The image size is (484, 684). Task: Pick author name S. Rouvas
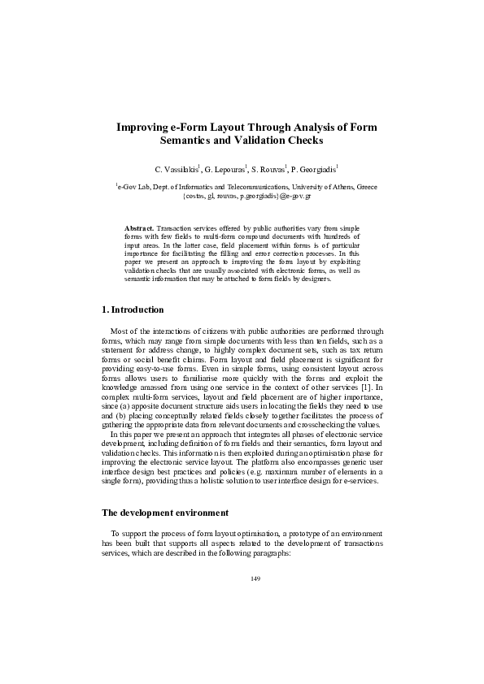pyautogui.click(x=268, y=170)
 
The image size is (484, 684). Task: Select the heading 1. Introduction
pyautogui.click(x=133, y=310)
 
